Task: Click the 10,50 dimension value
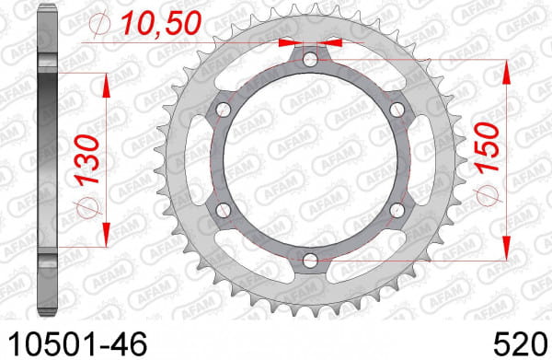click(x=162, y=23)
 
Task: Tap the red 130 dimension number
click(x=88, y=160)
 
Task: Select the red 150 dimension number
click(x=488, y=148)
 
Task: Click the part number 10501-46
click(x=77, y=344)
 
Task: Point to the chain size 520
click(x=521, y=344)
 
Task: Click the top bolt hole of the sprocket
click(x=310, y=60)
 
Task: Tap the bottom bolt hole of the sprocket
click(x=310, y=261)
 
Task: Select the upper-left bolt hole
click(x=224, y=110)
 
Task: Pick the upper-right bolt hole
click(x=397, y=110)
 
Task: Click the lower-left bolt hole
click(x=224, y=210)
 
